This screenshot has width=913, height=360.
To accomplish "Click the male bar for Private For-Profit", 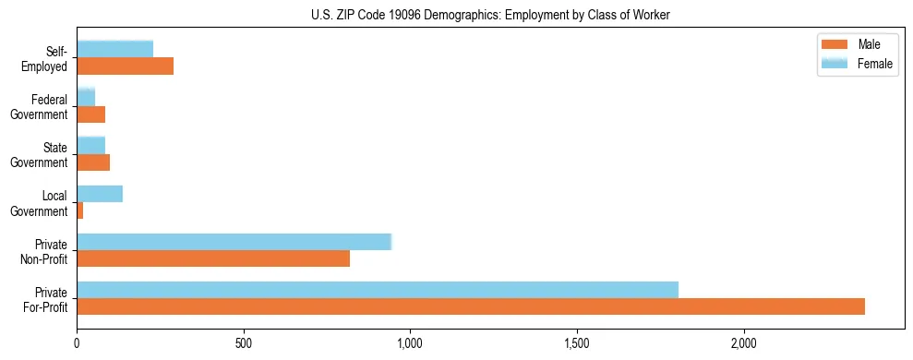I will click(x=471, y=306).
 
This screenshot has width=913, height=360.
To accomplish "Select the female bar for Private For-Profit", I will click(x=378, y=290).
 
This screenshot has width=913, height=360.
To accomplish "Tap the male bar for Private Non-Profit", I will click(x=213, y=258).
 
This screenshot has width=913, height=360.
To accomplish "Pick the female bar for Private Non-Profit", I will click(x=234, y=242).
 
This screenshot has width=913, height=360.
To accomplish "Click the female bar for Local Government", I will click(x=100, y=194).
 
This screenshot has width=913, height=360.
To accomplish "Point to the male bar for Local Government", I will click(x=80, y=210).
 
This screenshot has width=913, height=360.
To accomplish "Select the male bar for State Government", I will click(x=93, y=162).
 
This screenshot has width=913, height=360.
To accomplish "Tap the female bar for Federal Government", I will click(x=86, y=98).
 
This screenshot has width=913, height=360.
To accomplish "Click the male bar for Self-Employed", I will click(x=126, y=66).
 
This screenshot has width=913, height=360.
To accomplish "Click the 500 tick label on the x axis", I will click(x=244, y=343).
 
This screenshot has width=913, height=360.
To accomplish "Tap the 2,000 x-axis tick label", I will click(x=743, y=343).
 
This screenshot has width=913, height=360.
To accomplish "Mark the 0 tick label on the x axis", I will click(x=78, y=343).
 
